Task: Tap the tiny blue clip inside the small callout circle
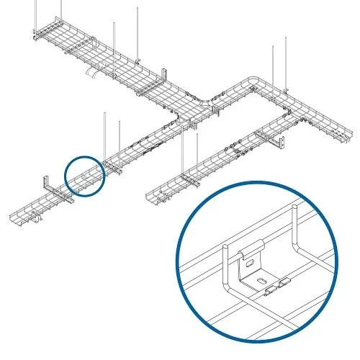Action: [84, 175]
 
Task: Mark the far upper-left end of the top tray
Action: [36, 32]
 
